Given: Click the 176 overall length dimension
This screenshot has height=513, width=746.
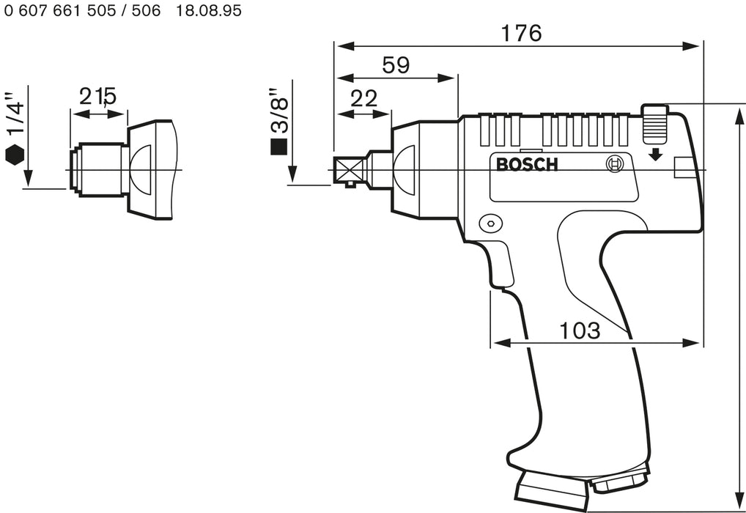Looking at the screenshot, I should pyautogui.click(x=520, y=33).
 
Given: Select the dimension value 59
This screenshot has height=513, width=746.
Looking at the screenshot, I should pyautogui.click(x=396, y=65).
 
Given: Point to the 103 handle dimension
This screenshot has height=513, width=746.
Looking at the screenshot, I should pyautogui.click(x=580, y=330).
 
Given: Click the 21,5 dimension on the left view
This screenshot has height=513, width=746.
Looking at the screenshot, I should pyautogui.click(x=99, y=96).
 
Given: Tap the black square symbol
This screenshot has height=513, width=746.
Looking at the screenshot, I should pyautogui.click(x=278, y=147).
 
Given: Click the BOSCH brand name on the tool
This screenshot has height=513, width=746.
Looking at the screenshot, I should pyautogui.click(x=527, y=164).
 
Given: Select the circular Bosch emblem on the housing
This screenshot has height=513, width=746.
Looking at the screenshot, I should pyautogui.click(x=616, y=165).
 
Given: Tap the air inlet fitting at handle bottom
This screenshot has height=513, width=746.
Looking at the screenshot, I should pyautogui.click(x=620, y=483).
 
